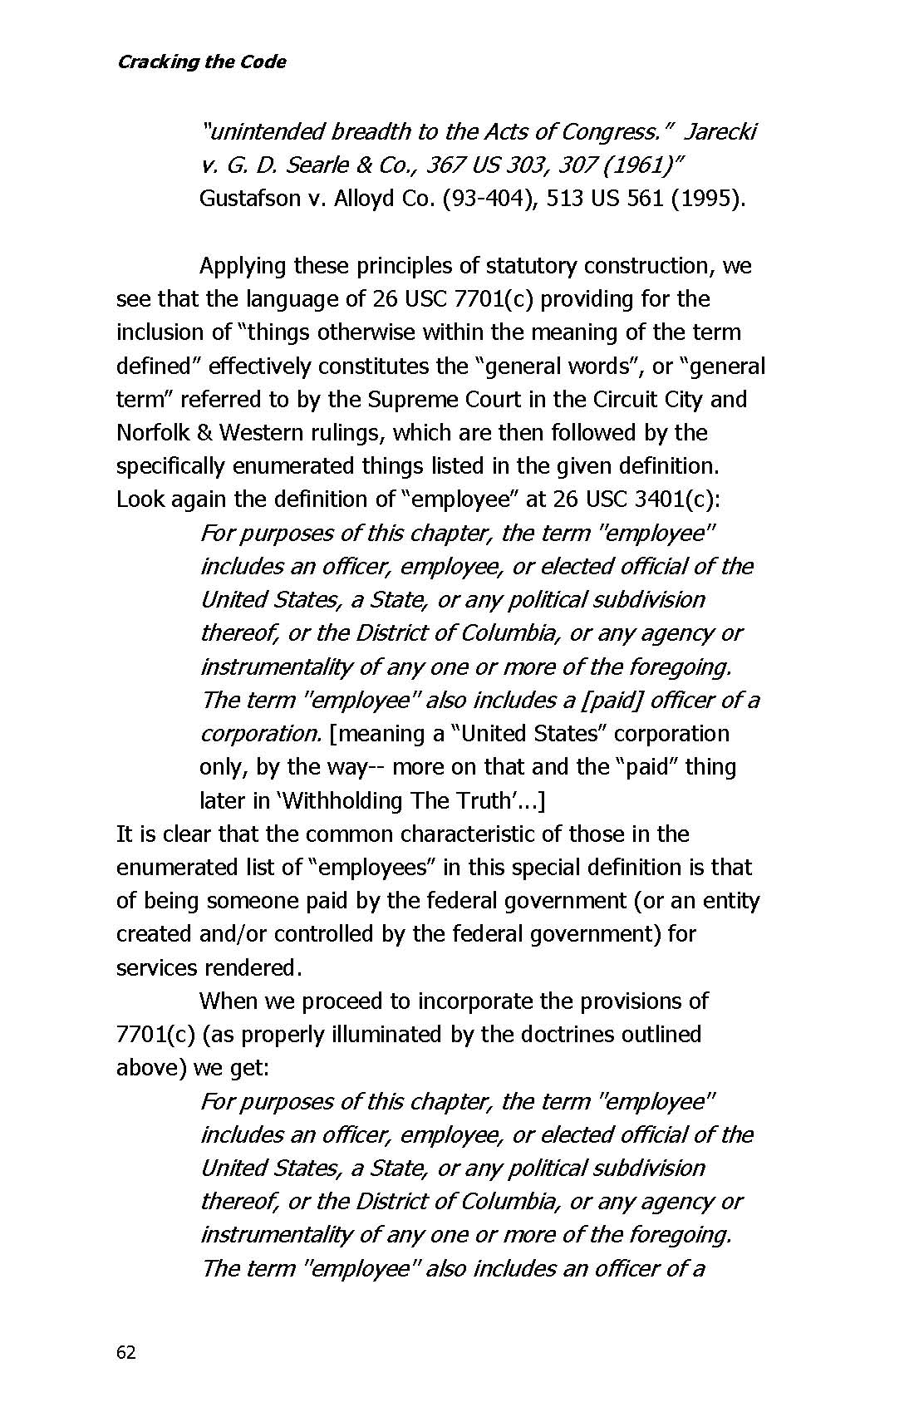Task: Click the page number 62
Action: pos(125,1352)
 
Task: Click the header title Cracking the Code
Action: pos(201,61)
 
